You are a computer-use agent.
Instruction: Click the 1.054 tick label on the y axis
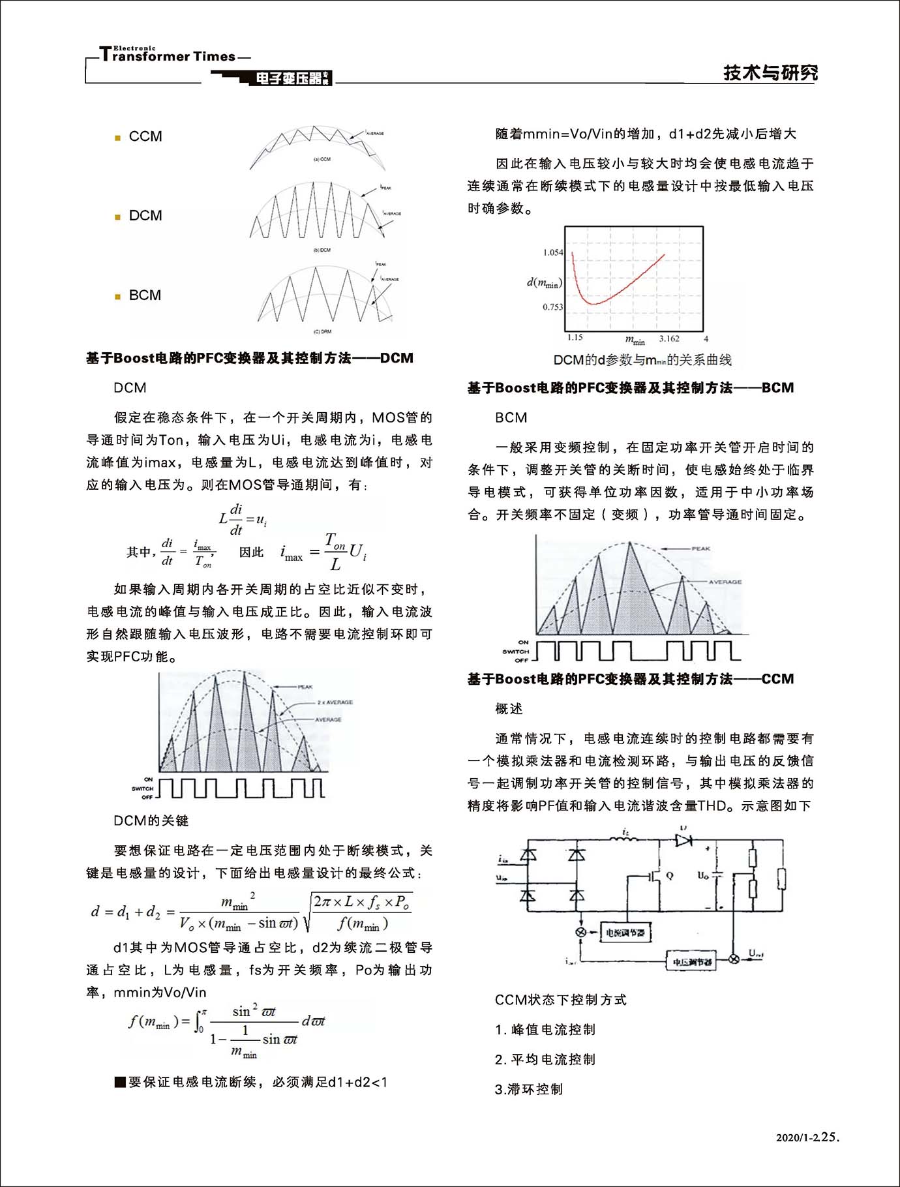coord(552,252)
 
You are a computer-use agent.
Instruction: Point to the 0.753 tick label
coord(552,307)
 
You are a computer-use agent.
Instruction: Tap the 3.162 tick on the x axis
coord(668,338)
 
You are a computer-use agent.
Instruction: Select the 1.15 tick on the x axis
coord(575,338)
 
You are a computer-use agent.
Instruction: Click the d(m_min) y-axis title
coord(544,282)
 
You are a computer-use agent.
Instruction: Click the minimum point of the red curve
coord(593,303)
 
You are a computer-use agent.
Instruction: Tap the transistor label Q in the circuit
coord(670,876)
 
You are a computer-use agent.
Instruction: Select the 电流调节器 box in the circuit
coord(625,933)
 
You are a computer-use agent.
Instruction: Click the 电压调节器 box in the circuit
coord(691,961)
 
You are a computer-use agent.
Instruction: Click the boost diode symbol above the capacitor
coord(683,840)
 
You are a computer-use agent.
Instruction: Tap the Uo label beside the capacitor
coord(702,875)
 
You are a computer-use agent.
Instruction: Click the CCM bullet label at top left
coord(145,137)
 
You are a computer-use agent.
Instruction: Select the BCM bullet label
coord(145,295)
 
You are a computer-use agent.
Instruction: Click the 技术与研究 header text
coord(770,73)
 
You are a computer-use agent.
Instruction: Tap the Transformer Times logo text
coord(168,55)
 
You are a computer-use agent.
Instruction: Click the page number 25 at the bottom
coord(828,1137)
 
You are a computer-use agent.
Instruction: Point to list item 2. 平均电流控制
coord(545,1059)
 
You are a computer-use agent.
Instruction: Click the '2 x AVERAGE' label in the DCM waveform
coord(335,702)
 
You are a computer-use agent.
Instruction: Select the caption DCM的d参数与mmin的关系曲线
coord(642,360)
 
